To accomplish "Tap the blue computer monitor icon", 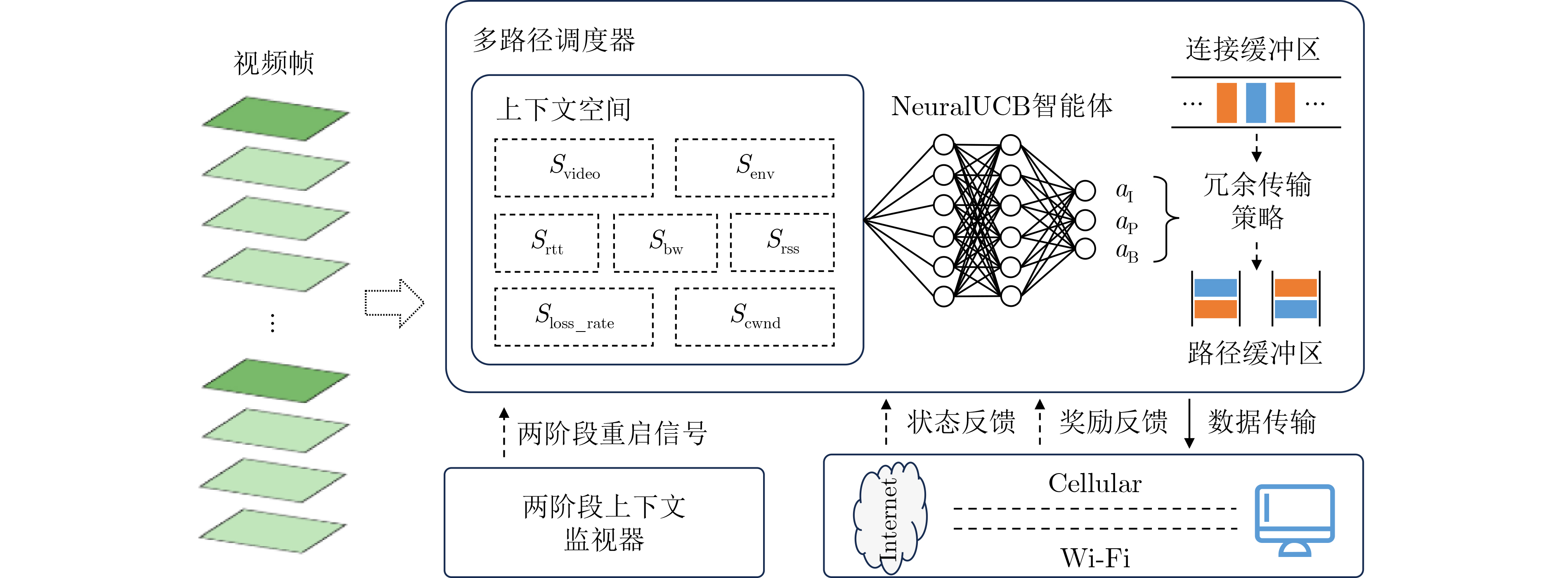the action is coord(1295,520).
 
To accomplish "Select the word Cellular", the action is coord(1095,483).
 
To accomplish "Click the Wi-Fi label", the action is coord(1095,557).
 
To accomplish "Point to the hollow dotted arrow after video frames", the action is coord(394,303).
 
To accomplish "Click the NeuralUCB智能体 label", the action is coord(1002,106).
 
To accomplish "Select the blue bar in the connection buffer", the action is coord(1256,102).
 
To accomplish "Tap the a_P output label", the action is coord(1126,223).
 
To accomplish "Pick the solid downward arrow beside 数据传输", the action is coord(1189,423).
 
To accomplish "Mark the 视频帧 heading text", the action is coord(274,63).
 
